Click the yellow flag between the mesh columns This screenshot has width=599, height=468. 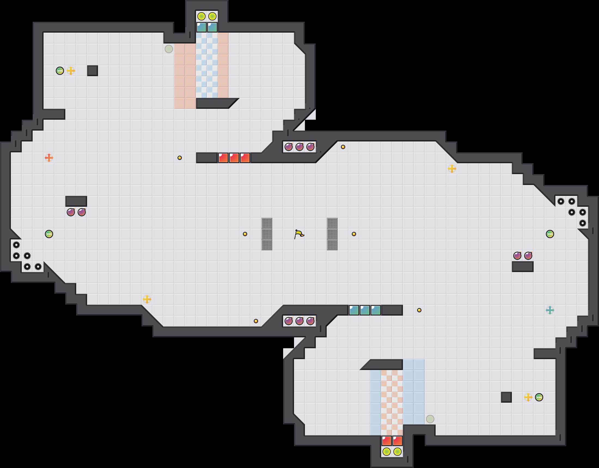click(x=299, y=234)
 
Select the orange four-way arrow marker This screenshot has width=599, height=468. click(x=49, y=158)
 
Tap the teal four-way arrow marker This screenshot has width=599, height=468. click(x=550, y=310)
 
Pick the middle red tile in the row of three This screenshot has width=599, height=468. click(x=234, y=158)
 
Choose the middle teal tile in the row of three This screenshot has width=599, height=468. click(x=365, y=310)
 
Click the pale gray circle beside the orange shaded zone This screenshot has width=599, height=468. click(x=169, y=49)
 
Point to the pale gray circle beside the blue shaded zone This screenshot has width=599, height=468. click(x=430, y=419)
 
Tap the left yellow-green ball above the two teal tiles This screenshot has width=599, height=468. click(x=201, y=16)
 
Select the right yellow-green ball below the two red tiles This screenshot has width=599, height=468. click(x=397, y=451)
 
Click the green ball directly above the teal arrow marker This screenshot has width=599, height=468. click(x=550, y=234)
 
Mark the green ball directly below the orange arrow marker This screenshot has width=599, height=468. click(x=49, y=234)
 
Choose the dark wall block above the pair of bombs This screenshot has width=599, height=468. click(x=76, y=201)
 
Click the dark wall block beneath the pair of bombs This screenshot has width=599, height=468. click(x=522, y=266)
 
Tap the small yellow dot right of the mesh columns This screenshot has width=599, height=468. click(x=354, y=234)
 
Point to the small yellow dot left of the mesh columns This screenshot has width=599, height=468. click(x=245, y=234)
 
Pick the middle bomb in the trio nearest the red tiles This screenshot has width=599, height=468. click(x=299, y=147)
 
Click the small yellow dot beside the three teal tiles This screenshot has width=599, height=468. click(x=419, y=310)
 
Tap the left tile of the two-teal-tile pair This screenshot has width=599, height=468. click(x=201, y=27)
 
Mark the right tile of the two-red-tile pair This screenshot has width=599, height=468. click(x=397, y=441)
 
